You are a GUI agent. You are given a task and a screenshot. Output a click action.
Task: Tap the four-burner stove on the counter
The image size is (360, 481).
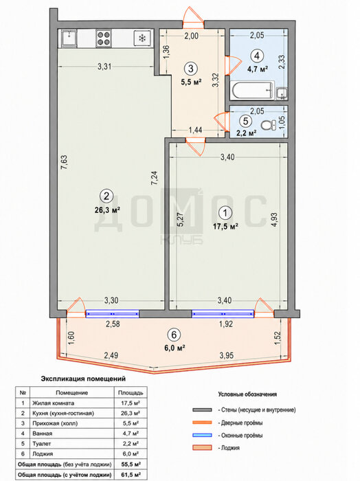[x=104, y=38]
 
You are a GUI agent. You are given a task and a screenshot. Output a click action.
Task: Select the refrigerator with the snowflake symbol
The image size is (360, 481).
[x=142, y=38]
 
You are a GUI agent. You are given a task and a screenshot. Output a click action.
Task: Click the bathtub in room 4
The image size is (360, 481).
[x=251, y=91]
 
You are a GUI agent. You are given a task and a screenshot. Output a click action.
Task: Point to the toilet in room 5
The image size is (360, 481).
[x=269, y=125]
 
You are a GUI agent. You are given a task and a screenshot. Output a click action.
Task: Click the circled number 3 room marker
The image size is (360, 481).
[x=191, y=68]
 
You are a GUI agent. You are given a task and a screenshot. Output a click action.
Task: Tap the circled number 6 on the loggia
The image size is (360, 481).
[x=174, y=335]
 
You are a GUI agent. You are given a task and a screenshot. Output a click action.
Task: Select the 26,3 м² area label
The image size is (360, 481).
[x=106, y=210]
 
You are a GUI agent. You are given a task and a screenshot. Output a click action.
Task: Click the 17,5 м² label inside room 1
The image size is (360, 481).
[x=226, y=227]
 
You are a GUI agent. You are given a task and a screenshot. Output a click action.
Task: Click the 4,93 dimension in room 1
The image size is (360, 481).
[x=274, y=220]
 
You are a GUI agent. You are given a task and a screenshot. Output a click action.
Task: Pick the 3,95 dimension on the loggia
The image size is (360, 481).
[x=226, y=355]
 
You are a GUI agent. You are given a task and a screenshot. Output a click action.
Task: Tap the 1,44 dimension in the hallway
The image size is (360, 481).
[x=195, y=130]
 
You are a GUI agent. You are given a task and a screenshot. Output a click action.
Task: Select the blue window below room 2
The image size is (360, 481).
[x=112, y=313]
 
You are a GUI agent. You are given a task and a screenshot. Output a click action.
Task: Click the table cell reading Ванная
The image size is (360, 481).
[x=43, y=433]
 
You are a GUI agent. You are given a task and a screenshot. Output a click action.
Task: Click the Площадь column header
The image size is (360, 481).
[x=131, y=392]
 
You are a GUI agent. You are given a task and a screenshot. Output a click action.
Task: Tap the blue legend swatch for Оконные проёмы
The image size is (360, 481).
[x=202, y=435]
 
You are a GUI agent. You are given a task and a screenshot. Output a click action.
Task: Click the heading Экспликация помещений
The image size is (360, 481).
[x=83, y=379]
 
